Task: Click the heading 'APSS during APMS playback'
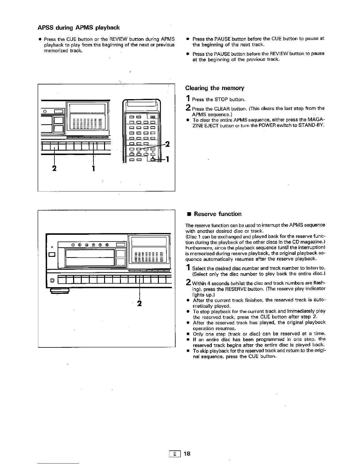point(79,28)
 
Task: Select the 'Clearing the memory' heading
point(215,88)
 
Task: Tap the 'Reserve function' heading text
point(218,214)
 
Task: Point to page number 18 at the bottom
point(187,454)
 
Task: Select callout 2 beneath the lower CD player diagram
point(139,303)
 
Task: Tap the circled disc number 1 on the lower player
point(73,244)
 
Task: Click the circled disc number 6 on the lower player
point(107,244)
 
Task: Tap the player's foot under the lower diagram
point(59,291)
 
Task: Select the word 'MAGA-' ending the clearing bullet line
point(316,120)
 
